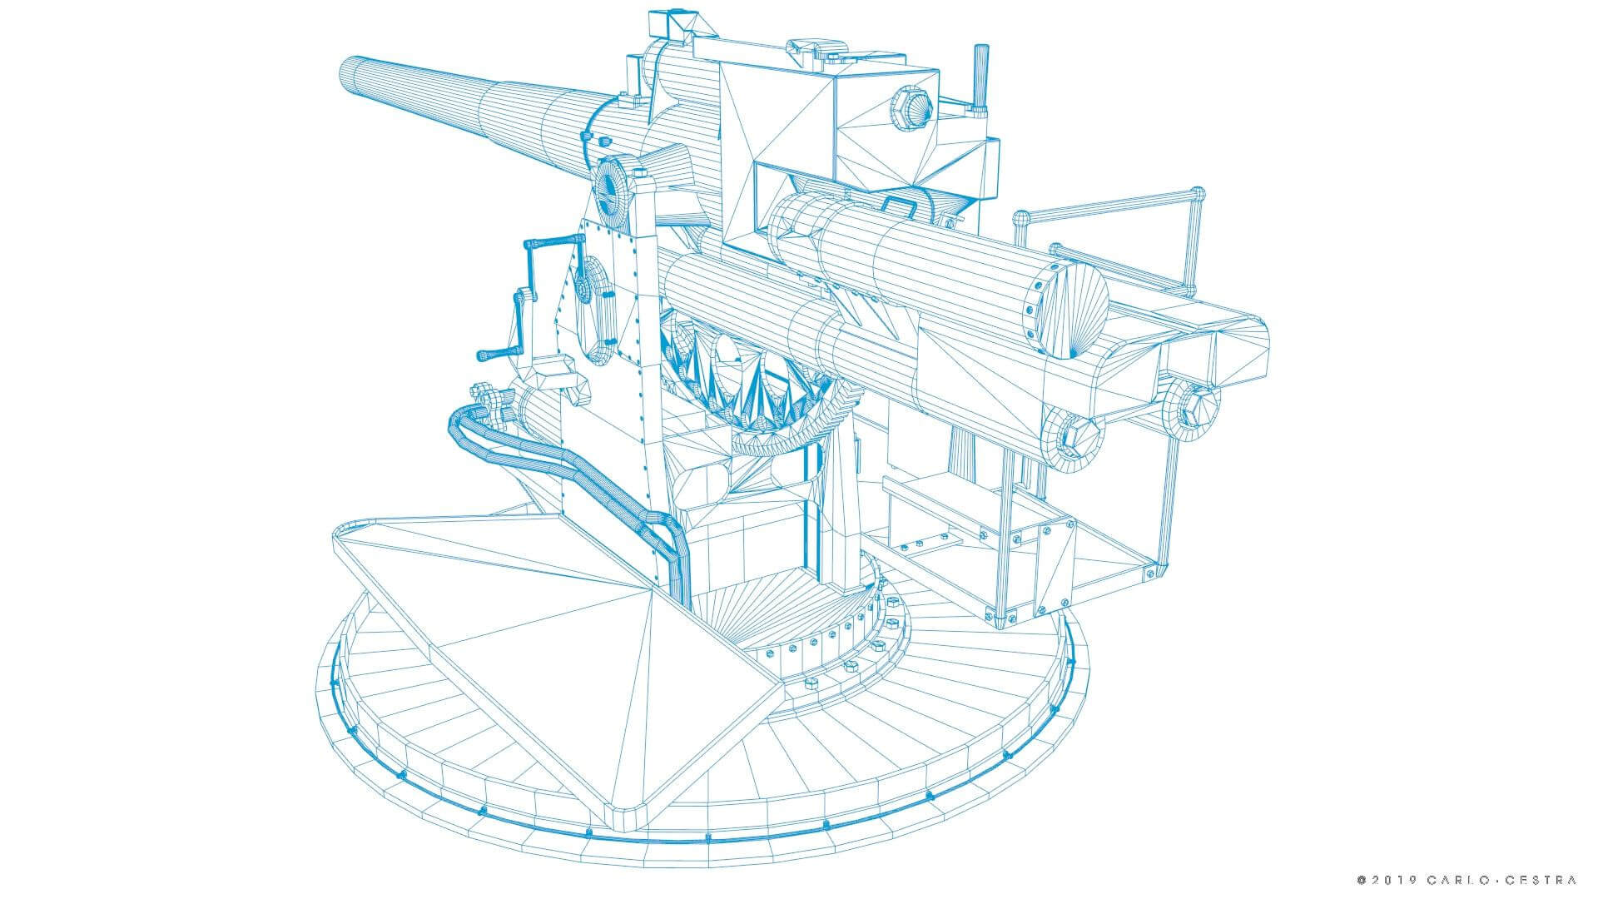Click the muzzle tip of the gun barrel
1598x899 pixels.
(349, 75)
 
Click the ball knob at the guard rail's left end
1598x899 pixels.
(1022, 221)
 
